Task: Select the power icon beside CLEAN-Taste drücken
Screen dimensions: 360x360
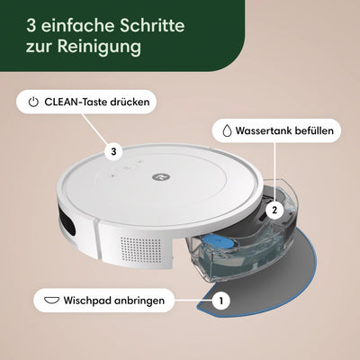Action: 33,102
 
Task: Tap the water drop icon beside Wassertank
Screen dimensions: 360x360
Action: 224,130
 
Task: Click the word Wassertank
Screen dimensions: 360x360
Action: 265,130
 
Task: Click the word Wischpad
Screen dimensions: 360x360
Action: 94,298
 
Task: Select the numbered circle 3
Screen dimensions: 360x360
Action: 113,152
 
